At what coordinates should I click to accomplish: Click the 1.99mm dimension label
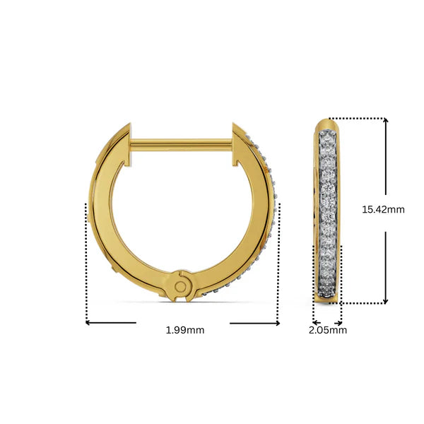coord(184,330)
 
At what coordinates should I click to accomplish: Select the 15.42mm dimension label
coord(383,209)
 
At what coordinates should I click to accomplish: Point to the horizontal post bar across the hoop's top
coord(182,144)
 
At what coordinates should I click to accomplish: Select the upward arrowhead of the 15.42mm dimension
coord(386,122)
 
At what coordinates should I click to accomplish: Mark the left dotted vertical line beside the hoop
coord(86,261)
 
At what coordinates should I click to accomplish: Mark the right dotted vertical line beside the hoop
coord(280,261)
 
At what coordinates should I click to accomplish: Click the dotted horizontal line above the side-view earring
coord(357,119)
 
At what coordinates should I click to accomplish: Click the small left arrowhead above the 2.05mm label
coord(315,322)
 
